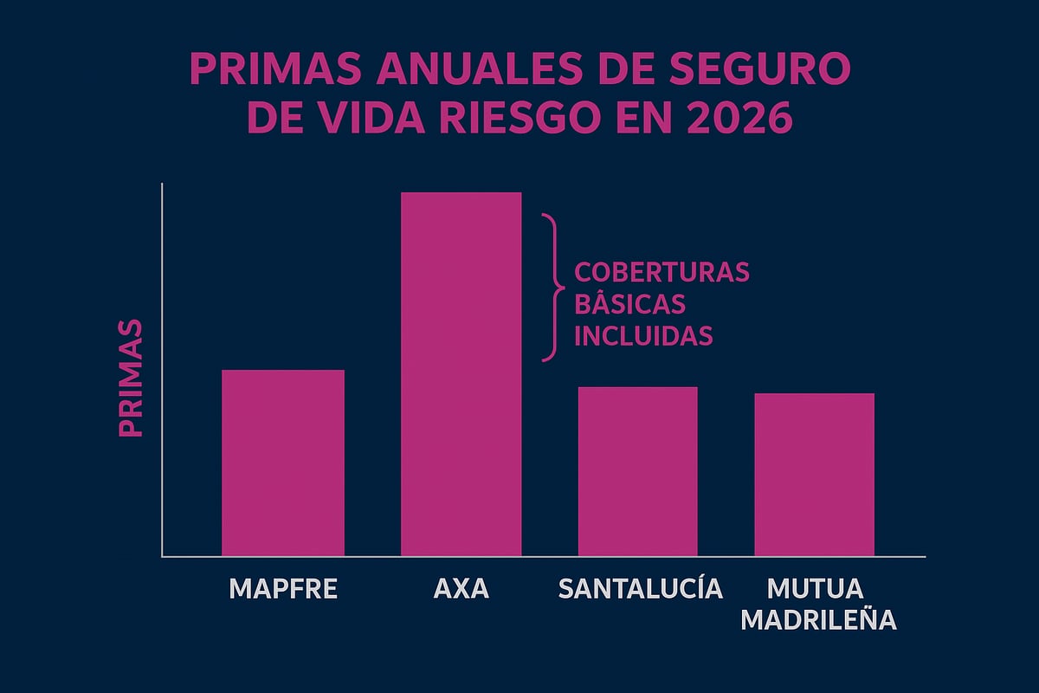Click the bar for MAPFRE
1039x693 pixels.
[x=283, y=463]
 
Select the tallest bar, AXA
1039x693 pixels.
[x=461, y=373]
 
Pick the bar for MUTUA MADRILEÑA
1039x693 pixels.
[x=814, y=474]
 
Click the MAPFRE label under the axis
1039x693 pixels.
[x=283, y=589]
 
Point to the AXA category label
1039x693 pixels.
[x=461, y=589]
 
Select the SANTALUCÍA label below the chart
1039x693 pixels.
[x=640, y=589]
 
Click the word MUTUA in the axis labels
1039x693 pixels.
[x=815, y=588]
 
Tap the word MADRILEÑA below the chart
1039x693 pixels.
[x=819, y=621]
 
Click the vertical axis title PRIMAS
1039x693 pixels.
[x=130, y=379]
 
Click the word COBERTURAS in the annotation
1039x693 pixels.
[x=661, y=272]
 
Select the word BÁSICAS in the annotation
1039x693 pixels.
[x=629, y=304]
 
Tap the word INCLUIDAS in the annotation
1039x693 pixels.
[x=643, y=335]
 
